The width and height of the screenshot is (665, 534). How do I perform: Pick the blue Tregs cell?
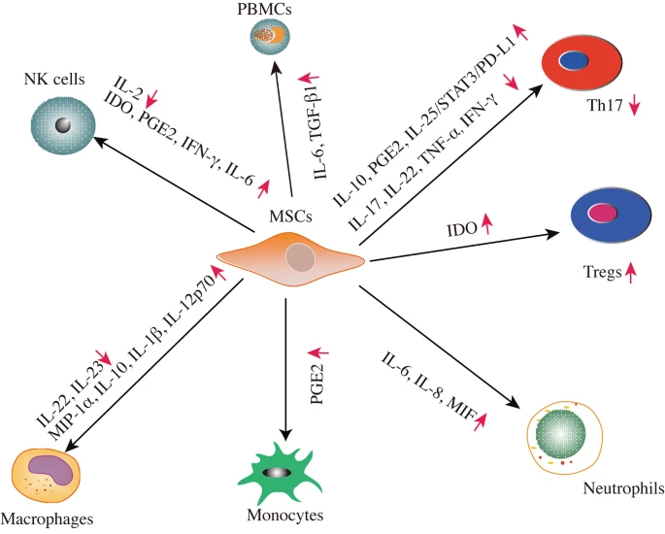[x=608, y=215]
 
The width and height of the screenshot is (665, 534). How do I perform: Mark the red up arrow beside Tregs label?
[x=632, y=274]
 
